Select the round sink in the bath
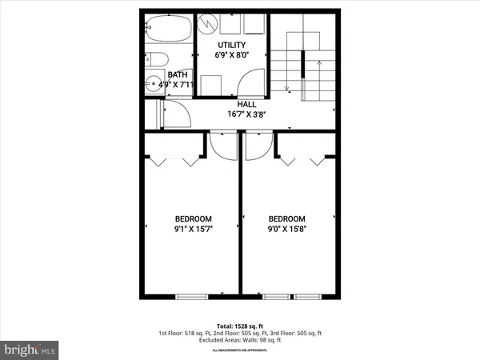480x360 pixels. pos(152,82)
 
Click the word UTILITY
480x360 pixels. pos(231,46)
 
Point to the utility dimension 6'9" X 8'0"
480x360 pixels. pos(231,56)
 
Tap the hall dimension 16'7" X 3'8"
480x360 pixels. pos(246,115)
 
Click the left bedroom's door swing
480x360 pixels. pos(218,145)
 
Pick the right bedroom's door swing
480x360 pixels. pos(258,145)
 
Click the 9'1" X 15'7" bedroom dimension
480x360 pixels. pos(193,230)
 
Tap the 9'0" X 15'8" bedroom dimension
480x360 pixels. pos(287,230)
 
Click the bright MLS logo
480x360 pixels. pos(30,349)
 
